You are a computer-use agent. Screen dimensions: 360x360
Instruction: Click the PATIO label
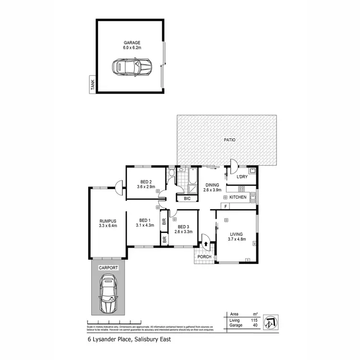coord(228,140)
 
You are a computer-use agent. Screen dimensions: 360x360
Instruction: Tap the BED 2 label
coord(146,181)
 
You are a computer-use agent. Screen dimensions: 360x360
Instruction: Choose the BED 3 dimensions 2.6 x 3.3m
coord(185,231)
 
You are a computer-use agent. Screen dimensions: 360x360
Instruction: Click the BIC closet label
coord(187,198)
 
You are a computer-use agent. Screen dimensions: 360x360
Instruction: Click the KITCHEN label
coord(238,197)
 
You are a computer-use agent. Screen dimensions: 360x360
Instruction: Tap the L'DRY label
coord(241,176)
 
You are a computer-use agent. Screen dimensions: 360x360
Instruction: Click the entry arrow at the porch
coord(206,244)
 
